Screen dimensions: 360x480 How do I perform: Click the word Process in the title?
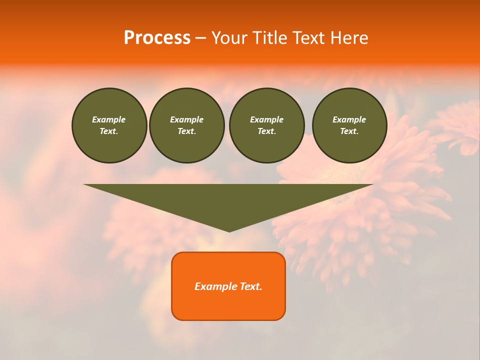157,37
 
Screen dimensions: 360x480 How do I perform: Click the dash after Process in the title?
200,38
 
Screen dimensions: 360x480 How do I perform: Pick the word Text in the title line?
310,37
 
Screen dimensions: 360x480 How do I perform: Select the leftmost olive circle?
109,125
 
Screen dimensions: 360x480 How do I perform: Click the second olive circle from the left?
187,125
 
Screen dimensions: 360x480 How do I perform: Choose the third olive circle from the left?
267,125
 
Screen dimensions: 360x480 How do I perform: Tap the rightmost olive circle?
349,125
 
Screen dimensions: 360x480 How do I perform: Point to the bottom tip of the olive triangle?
229,230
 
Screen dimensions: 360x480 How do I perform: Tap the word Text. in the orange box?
249,286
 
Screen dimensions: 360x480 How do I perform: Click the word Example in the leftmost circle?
109,119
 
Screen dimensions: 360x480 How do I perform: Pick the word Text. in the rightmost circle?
349,131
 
